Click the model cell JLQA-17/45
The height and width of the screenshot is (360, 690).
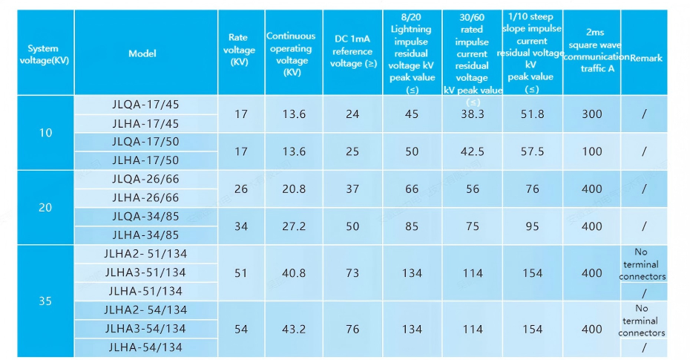coord(145,105)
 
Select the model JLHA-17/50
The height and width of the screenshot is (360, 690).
coord(145,160)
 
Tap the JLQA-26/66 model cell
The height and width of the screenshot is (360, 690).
coord(145,179)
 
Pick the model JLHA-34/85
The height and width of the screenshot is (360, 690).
coord(145,235)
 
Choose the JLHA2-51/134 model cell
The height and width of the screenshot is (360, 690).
coord(145,254)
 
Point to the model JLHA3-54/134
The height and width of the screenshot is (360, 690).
coord(145,328)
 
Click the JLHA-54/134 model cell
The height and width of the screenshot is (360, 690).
coord(145,347)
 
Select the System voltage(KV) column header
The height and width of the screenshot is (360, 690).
coord(45,54)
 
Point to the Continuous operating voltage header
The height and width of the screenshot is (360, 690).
coord(291,53)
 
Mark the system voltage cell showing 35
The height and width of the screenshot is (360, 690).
coord(45,301)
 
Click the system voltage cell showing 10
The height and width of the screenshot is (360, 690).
coord(45,133)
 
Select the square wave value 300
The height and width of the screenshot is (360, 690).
coord(592,114)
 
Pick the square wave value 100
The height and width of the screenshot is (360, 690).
coord(592,151)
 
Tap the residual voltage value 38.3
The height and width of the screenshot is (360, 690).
coord(472,114)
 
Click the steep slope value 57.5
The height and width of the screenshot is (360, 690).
coord(532,151)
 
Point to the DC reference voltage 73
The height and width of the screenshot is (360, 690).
coord(352,273)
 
